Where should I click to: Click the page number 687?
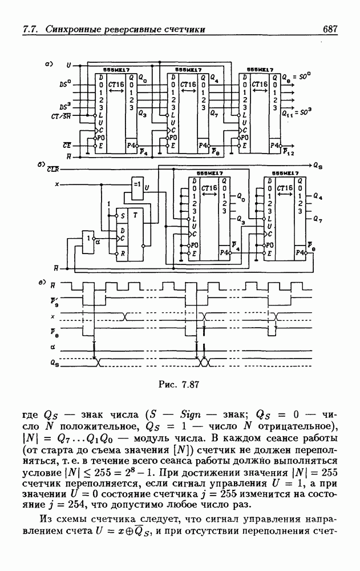330,29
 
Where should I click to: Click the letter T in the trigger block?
135,215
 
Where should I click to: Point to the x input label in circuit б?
56,184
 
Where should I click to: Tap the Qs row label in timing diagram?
53,361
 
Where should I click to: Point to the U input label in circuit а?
68,65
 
